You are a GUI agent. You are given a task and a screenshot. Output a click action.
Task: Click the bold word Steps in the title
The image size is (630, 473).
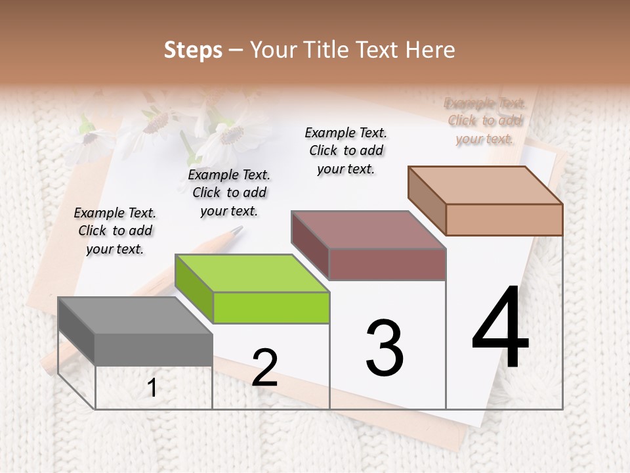click(192, 50)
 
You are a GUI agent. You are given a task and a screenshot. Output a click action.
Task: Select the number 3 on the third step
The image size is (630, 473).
click(385, 348)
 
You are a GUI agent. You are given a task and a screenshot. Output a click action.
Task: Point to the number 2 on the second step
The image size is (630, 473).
click(264, 368)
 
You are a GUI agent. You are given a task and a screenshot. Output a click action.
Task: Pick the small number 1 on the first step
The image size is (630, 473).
click(152, 388)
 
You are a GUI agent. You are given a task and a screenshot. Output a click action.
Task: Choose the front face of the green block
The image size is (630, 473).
click(271, 308)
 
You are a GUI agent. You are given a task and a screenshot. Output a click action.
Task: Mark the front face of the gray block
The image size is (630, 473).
click(154, 349)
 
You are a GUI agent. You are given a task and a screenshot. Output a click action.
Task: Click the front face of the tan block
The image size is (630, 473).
click(504, 219)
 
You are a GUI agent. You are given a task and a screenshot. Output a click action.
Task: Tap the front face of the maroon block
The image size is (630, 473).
click(387, 264)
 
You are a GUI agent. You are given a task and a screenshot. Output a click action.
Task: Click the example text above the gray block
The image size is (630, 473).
click(115, 231)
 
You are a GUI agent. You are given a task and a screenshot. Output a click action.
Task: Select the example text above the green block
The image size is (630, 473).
click(229, 192)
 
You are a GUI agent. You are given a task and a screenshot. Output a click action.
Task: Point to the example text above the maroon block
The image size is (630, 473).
click(346, 150)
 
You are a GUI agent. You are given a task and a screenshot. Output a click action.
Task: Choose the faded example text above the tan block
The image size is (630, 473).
click(485, 121)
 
